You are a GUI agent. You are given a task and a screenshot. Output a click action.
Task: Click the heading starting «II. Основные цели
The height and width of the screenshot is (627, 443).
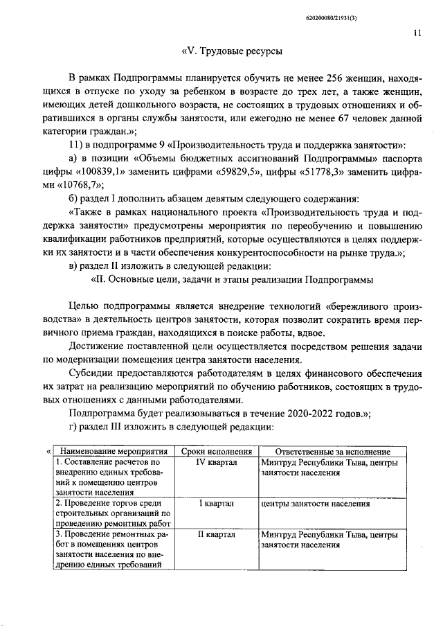coord(232,280)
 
